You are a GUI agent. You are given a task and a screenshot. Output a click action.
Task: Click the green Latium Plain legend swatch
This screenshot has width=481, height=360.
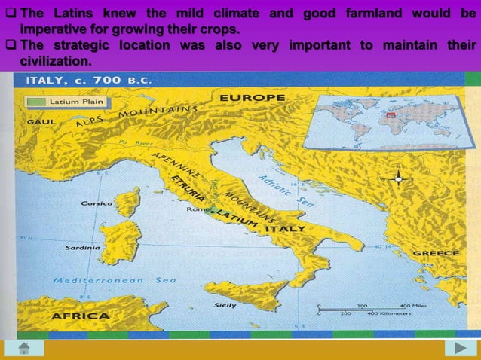click(36, 100)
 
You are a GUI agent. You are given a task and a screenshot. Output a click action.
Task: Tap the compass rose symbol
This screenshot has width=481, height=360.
click(399, 179)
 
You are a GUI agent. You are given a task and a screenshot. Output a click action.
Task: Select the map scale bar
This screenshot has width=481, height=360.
click(365, 309)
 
